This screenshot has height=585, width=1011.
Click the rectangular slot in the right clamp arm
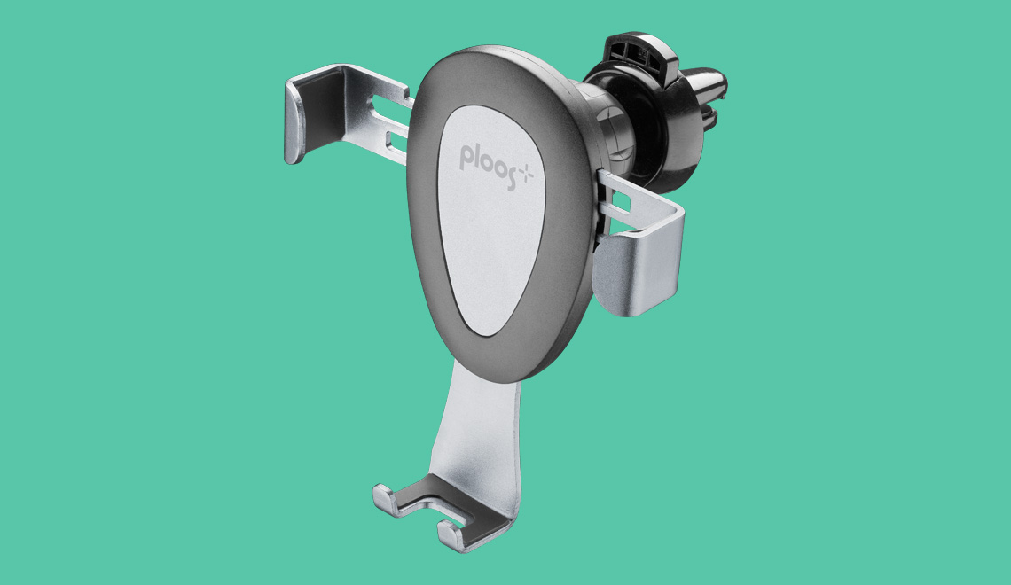pyautogui.click(x=620, y=202)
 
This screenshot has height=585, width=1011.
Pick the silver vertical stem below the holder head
pyautogui.click(x=475, y=425)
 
